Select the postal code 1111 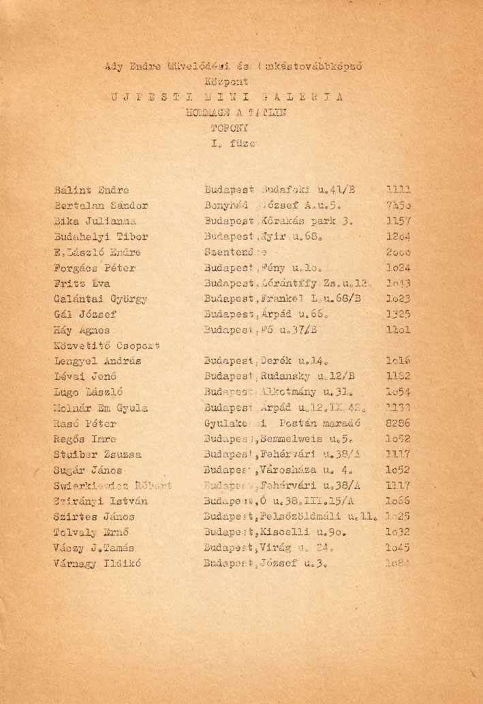tap(397, 190)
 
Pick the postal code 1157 tap(397, 222)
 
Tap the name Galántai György tap(102, 299)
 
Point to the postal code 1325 tap(397, 314)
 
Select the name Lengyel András tap(99, 361)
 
